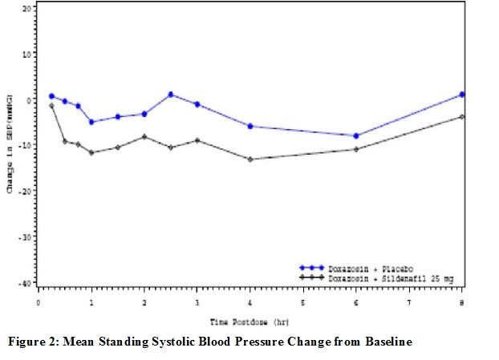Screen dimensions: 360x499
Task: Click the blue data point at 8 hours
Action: coord(462,95)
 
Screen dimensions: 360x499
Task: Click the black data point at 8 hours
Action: coord(462,117)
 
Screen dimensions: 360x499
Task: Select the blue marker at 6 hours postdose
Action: coord(356,136)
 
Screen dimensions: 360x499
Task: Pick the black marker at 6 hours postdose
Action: coord(356,149)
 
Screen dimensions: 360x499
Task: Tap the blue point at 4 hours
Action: coord(250,126)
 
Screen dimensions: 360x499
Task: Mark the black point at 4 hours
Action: coord(250,159)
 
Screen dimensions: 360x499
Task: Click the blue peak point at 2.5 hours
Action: coord(171,95)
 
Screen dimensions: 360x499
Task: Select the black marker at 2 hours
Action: coord(144,136)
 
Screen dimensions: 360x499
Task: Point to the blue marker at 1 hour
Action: coord(91,122)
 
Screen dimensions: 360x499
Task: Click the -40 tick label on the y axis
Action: coord(25,284)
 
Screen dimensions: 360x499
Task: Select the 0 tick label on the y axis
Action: coord(28,100)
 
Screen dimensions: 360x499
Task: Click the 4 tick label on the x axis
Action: coord(250,304)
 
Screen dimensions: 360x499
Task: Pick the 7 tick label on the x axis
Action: coord(409,304)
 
